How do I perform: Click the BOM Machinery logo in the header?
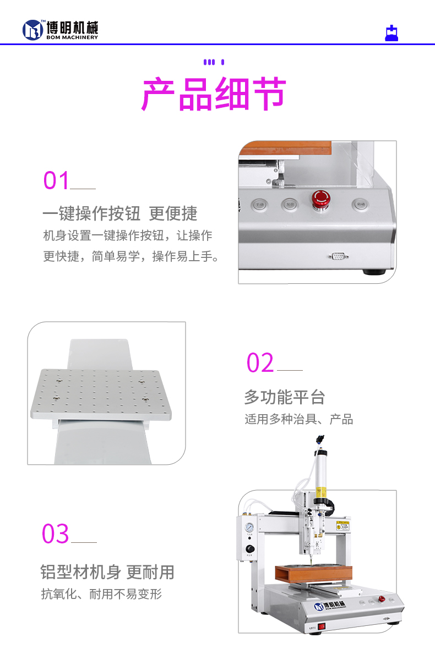(x=60, y=30)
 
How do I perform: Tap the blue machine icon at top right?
(x=392, y=34)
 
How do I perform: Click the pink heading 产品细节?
(x=214, y=95)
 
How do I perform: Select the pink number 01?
(x=57, y=180)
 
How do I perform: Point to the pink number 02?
(x=260, y=363)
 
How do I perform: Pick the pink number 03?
(x=56, y=534)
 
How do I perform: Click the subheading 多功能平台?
(x=284, y=397)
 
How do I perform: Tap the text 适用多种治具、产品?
(x=298, y=419)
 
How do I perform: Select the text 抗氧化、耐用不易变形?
(x=101, y=594)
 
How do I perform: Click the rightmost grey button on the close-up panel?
(x=360, y=205)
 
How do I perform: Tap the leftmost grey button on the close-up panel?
(x=259, y=205)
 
